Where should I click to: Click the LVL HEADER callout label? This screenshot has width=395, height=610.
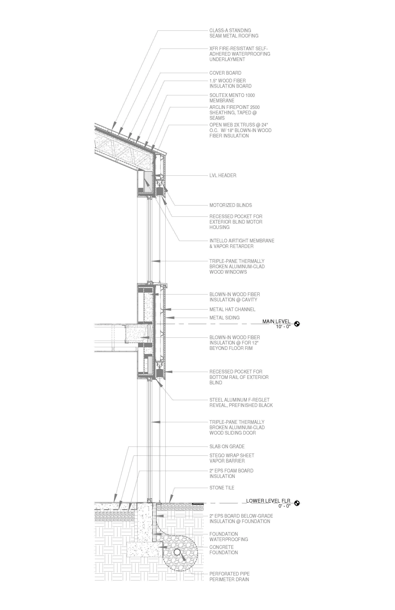point(223,176)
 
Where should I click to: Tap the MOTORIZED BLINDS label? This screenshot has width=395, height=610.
point(231,205)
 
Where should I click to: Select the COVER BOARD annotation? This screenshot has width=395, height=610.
point(225,73)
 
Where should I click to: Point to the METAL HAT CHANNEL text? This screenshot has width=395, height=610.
point(232,310)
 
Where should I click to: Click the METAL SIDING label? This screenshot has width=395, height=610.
point(224,318)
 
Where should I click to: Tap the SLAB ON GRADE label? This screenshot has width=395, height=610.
point(227,447)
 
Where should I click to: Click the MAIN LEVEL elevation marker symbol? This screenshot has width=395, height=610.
point(297,324)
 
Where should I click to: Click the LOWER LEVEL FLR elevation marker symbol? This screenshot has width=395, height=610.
point(297,503)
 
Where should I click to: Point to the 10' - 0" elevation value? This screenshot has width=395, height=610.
point(283,327)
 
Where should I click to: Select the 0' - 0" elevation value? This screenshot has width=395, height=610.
point(284,506)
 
